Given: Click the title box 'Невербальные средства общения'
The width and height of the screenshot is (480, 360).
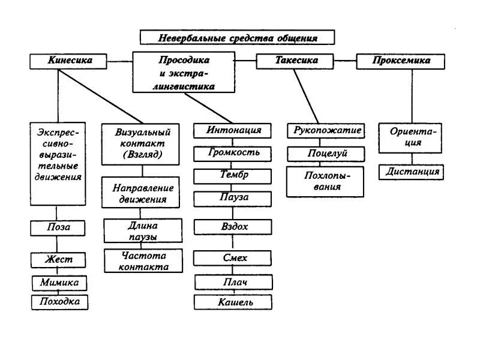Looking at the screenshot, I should [237, 37].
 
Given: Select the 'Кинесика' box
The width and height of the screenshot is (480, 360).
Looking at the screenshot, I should [68, 61].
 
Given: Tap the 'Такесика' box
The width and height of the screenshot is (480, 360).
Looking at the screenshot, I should [296, 61].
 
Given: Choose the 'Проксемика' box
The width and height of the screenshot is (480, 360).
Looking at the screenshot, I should [401, 61].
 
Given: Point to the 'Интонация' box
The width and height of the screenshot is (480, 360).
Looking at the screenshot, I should [233, 130].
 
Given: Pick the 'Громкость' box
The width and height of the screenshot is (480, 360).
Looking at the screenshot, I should [233, 153].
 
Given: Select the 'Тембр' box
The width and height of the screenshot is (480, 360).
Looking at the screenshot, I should [233, 176].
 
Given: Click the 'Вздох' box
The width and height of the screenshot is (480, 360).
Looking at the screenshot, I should [233, 227].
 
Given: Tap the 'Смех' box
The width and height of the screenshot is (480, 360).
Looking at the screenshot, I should [233, 258].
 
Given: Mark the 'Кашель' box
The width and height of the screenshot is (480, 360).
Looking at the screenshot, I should [233, 302].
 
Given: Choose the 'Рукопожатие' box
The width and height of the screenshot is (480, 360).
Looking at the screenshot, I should [327, 130].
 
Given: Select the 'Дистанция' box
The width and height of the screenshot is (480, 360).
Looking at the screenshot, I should [412, 172].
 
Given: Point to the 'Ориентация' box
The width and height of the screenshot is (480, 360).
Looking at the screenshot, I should [412, 137].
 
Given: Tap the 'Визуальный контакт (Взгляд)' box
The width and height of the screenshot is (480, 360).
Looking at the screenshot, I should [140, 145].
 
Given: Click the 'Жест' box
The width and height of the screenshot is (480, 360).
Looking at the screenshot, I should [58, 260].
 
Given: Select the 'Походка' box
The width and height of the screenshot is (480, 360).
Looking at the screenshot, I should [59, 302].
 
